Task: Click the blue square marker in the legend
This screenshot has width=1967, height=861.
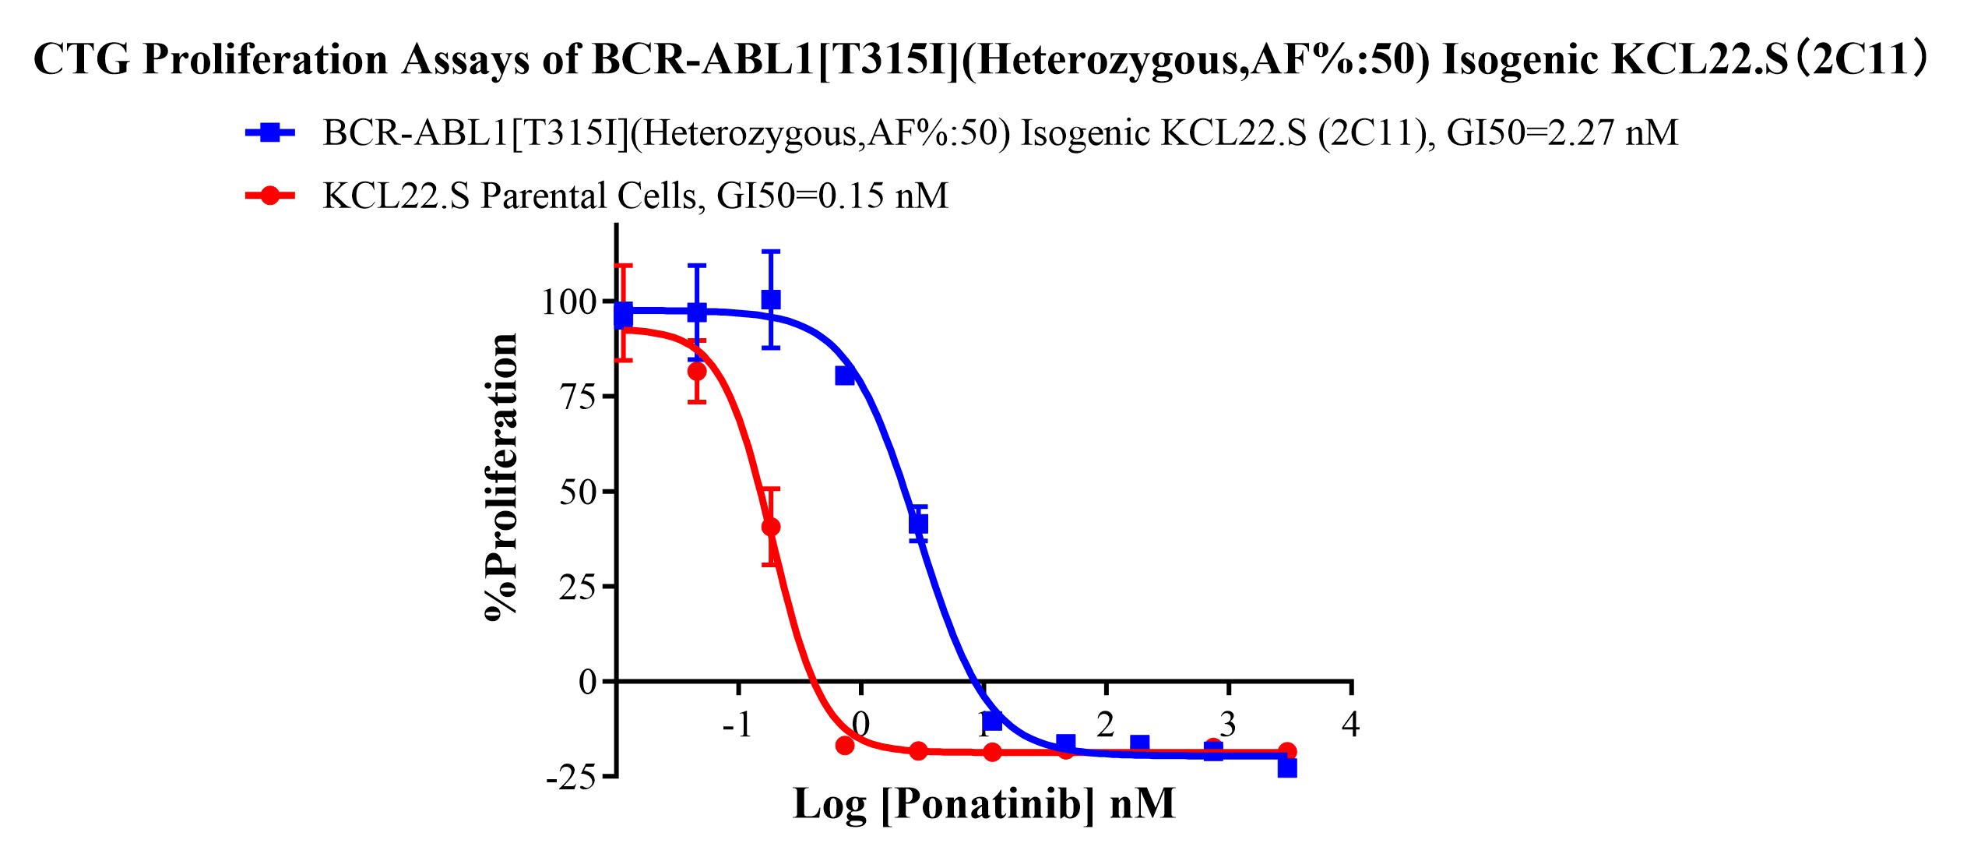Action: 270,133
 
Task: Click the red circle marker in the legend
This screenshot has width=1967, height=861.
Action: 270,196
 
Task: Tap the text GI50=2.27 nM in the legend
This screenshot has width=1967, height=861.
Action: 1562,133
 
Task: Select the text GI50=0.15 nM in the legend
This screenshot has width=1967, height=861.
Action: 832,196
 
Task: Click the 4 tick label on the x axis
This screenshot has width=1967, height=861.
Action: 1351,725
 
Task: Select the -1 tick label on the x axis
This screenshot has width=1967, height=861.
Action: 737,725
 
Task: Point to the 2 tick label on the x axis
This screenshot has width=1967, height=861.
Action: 1106,725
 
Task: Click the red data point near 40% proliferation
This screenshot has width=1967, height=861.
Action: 771,527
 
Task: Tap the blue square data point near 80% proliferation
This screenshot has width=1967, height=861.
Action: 845,376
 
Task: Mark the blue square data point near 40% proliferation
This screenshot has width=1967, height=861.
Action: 919,524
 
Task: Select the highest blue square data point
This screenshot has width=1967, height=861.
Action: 771,299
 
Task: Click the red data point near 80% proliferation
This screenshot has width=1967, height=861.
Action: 697,372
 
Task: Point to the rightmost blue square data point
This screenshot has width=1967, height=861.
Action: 1287,767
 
